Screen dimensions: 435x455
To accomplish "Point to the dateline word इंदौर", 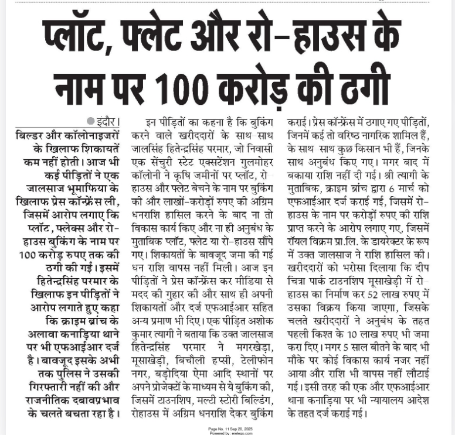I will (107, 122).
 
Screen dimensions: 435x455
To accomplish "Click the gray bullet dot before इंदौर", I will (90, 122).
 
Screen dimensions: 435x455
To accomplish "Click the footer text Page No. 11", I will (220, 429).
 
